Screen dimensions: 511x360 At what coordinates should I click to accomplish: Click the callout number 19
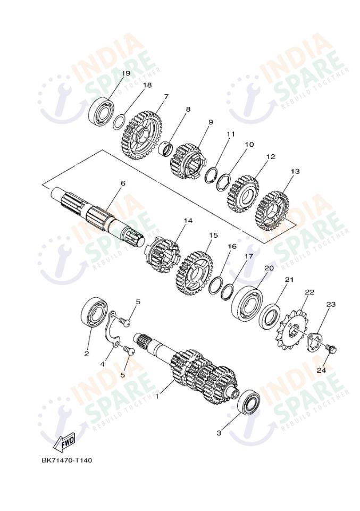tap(125, 73)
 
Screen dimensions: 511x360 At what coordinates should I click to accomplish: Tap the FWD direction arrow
tap(65, 441)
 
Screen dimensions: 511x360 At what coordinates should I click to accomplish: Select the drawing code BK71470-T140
tap(66, 460)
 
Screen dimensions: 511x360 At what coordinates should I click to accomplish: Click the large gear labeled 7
tap(140, 135)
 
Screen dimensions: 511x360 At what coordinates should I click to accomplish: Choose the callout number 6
tap(123, 183)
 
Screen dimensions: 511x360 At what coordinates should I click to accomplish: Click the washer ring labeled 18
tap(120, 122)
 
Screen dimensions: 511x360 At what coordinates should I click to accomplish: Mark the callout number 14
tap(188, 221)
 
